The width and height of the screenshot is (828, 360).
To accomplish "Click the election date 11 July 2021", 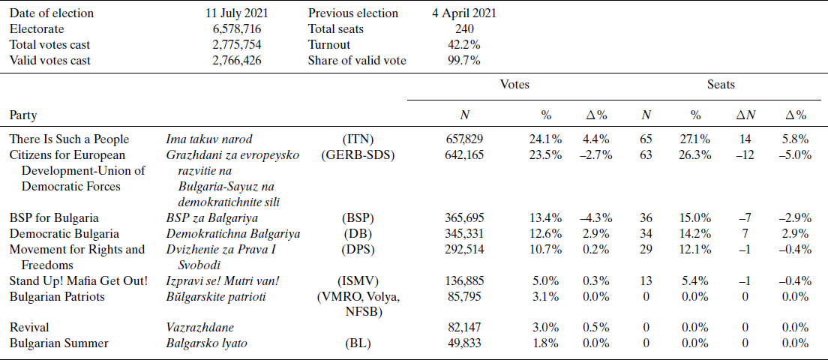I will coord(237,13).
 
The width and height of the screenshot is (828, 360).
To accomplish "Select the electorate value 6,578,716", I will coord(237,29).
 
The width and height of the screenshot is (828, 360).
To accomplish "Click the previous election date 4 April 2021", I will coord(464,13).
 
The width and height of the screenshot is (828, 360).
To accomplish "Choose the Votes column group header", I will coord(514,85).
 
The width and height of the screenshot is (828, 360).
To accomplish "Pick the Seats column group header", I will coord(721,85).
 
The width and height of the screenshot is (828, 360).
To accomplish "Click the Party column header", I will coord(23,115).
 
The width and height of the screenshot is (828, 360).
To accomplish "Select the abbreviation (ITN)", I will coord(358,139).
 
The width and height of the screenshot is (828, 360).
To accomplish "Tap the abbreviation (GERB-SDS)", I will coord(358,155).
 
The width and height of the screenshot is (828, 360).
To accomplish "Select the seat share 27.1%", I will coord(696,139).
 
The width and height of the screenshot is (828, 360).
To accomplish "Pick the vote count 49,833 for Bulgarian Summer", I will coord(468,343).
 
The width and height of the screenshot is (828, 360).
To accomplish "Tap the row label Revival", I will coord(28,328).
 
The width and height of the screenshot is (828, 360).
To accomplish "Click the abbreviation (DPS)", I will coord(358,250).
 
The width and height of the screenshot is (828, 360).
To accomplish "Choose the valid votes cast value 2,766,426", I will coord(237,61).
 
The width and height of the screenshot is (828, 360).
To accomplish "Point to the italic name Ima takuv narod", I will coord(209,139).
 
